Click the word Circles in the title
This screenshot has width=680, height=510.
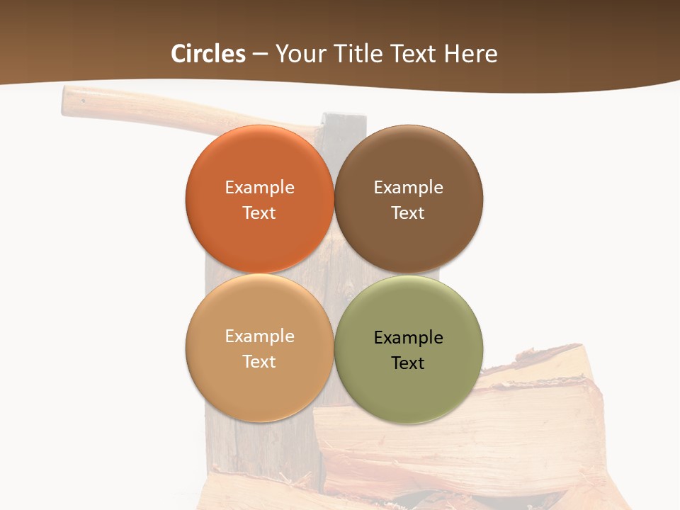(x=208, y=54)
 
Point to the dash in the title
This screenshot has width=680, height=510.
(x=260, y=55)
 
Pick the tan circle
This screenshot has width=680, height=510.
(x=259, y=386)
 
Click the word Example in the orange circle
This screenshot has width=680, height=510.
(x=259, y=188)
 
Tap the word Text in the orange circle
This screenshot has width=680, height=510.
(x=259, y=213)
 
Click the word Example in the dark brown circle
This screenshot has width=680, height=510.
(x=409, y=188)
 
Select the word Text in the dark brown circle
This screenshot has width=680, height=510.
(x=409, y=213)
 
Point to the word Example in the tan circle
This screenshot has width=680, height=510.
(x=259, y=336)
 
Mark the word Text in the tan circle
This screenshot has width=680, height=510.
(x=259, y=362)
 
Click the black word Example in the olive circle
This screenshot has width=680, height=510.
(x=409, y=338)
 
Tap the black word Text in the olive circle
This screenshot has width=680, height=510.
(x=409, y=363)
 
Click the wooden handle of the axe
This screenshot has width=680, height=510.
(x=142, y=106)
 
